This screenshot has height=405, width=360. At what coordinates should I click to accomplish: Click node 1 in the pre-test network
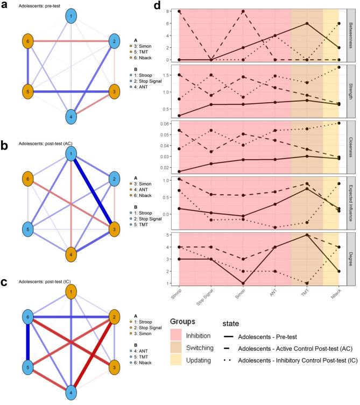[x=70, y=17]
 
